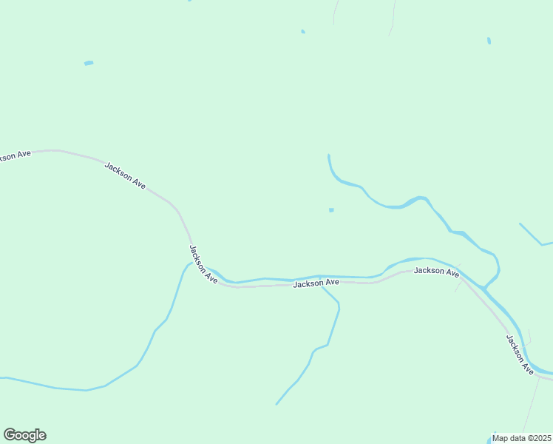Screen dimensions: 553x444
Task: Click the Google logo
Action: click(x=24, y=435)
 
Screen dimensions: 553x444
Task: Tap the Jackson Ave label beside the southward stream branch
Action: click(x=316, y=283)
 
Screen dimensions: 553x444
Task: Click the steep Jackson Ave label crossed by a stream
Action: click(x=203, y=264)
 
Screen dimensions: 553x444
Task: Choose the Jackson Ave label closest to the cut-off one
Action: click(x=125, y=176)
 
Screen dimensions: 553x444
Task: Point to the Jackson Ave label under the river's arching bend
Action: click(x=436, y=272)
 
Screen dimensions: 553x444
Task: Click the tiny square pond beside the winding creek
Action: click(x=331, y=210)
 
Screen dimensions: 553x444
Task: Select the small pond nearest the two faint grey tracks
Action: click(x=303, y=32)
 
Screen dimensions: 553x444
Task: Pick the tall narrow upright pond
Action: click(x=489, y=41)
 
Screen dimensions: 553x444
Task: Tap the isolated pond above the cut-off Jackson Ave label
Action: click(x=89, y=63)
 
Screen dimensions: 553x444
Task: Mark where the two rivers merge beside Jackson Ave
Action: click(x=484, y=286)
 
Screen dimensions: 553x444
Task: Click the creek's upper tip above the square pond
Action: click(x=328, y=155)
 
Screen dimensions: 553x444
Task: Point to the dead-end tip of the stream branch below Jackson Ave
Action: click(x=277, y=404)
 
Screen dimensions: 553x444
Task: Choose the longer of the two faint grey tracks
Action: click(x=393, y=16)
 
